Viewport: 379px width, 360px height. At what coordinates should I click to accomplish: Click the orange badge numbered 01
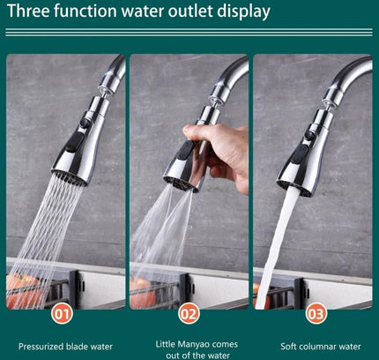pos(62,312)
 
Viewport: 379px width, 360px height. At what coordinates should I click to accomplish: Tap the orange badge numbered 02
pos(189,312)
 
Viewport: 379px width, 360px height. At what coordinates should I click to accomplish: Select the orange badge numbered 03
pos(316,312)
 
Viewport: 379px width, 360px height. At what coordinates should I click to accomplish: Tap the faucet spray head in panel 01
pos(81,150)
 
